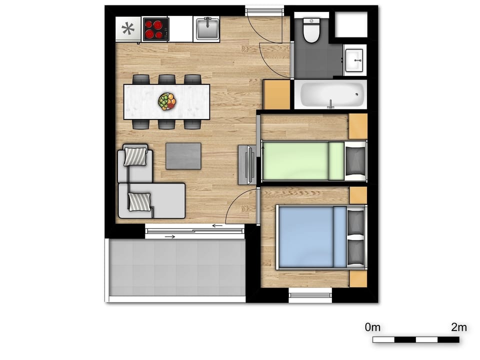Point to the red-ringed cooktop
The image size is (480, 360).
155,29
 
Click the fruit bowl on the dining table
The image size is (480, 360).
167,101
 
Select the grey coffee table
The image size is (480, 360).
183,156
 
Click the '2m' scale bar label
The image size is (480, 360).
458,327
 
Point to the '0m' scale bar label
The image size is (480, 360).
373,327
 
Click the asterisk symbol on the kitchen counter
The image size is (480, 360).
128,29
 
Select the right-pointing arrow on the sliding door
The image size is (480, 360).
170,236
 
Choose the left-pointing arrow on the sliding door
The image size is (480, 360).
217,226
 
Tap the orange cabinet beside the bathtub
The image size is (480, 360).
276,94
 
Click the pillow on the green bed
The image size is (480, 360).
355,160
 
